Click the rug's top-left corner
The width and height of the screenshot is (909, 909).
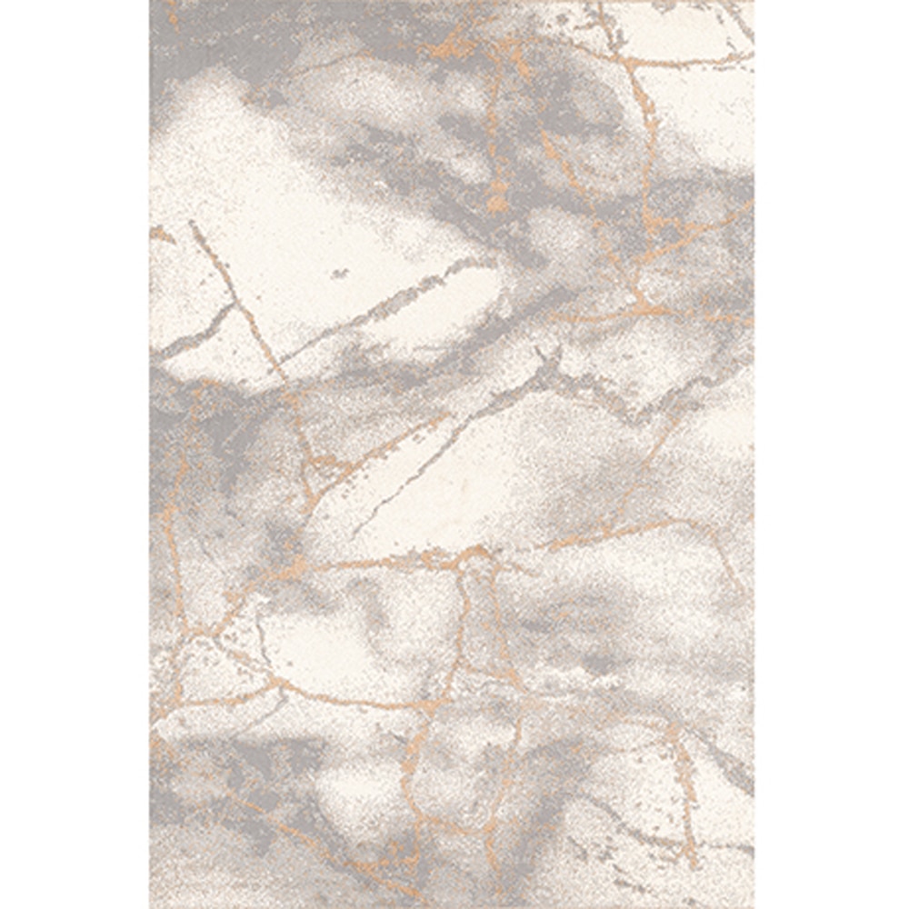point(151,2)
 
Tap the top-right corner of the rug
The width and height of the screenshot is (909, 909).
point(754,2)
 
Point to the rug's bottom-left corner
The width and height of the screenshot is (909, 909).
point(151,906)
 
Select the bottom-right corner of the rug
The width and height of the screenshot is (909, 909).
point(754,906)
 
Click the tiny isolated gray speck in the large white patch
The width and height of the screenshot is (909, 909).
point(339,272)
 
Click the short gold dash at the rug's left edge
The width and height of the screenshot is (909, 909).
point(162,235)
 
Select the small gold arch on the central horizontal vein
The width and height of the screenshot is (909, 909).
point(473,554)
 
